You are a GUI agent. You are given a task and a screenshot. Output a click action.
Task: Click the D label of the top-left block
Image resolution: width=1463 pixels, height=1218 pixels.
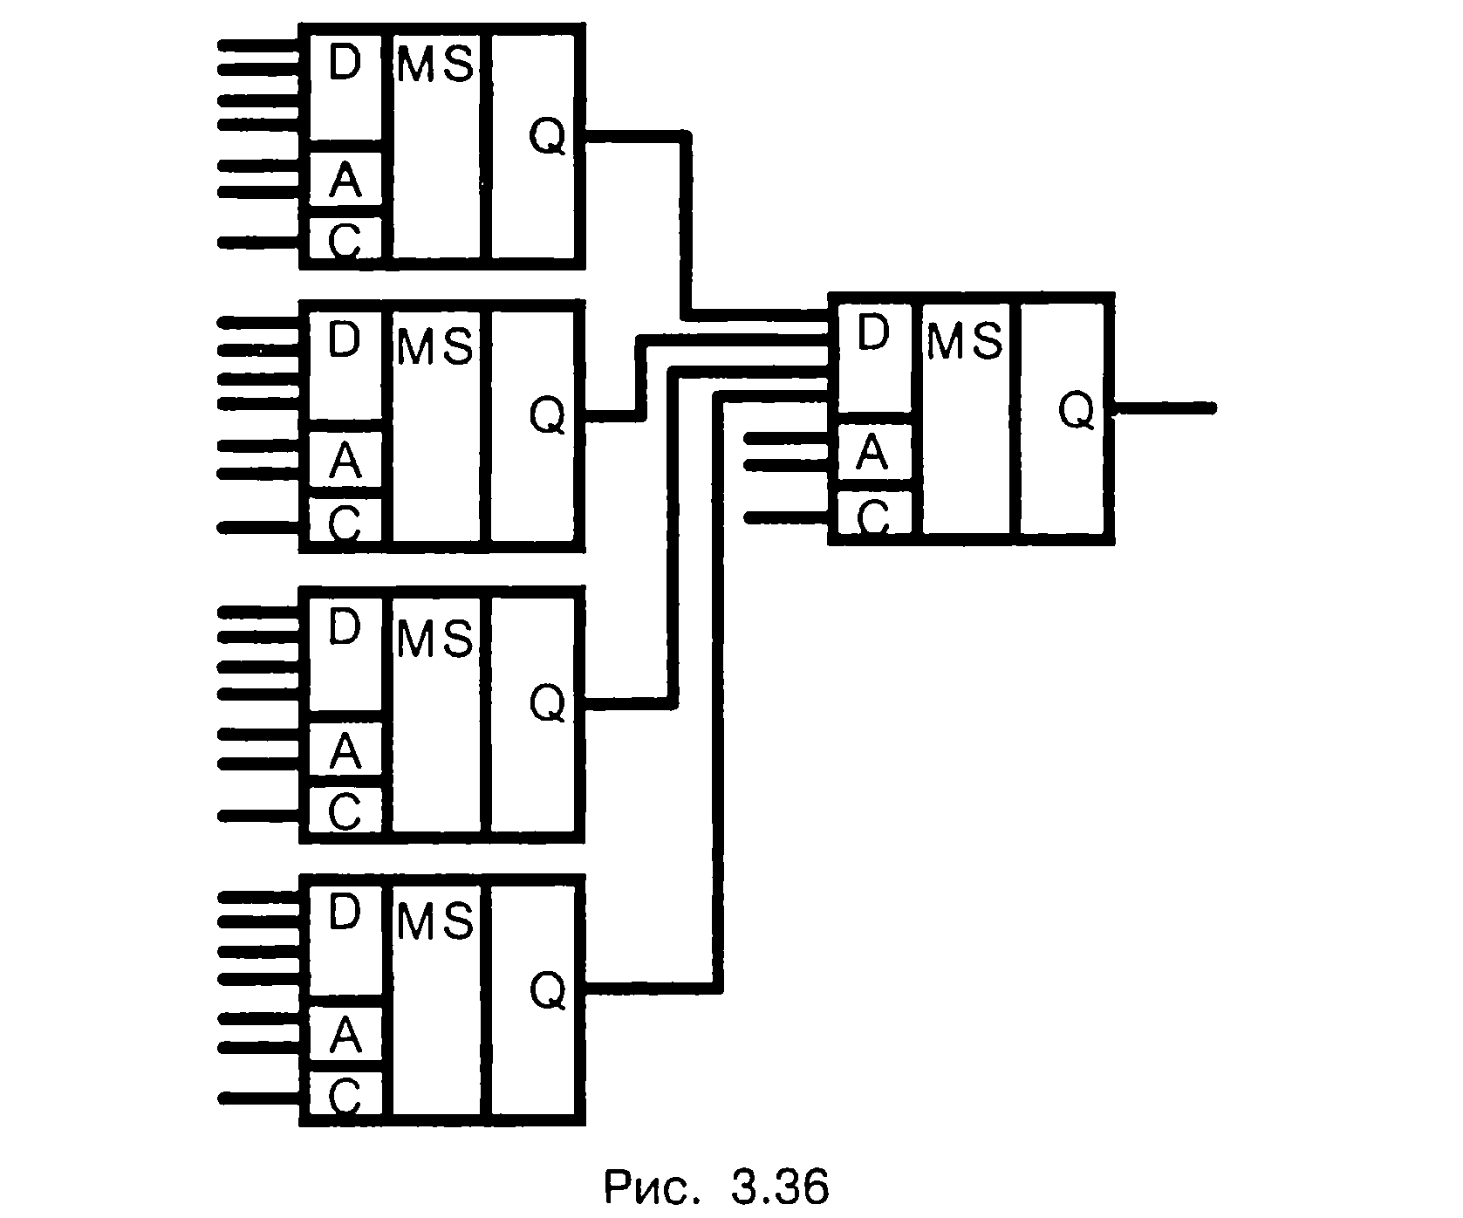[345, 62]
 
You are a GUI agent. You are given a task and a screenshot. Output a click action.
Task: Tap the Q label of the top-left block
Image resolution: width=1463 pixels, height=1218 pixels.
[548, 137]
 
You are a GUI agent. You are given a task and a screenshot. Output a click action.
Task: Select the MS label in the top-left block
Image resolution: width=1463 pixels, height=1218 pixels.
[435, 65]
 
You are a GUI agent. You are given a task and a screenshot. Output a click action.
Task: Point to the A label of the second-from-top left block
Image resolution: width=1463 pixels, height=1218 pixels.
[345, 462]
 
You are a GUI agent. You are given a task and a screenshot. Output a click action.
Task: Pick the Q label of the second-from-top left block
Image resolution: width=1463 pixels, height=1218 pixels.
[548, 415]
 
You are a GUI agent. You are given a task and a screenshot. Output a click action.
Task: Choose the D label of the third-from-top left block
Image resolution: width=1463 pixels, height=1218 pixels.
[345, 626]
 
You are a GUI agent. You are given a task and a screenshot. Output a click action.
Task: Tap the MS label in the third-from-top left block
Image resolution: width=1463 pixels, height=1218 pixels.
[435, 639]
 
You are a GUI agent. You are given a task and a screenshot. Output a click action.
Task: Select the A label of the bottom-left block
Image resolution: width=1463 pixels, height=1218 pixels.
[345, 1037]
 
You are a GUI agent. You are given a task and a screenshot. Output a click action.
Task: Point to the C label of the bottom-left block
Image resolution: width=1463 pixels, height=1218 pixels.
[345, 1097]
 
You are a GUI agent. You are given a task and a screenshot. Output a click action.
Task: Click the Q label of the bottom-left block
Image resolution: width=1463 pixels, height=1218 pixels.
[548, 990]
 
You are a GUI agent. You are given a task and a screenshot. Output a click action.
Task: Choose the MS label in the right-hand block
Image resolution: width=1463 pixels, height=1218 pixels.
[965, 340]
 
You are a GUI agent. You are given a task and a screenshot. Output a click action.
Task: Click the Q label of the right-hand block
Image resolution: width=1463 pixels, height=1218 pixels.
[1077, 410]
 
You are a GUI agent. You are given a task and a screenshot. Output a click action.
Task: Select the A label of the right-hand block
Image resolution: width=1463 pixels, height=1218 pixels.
[872, 453]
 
